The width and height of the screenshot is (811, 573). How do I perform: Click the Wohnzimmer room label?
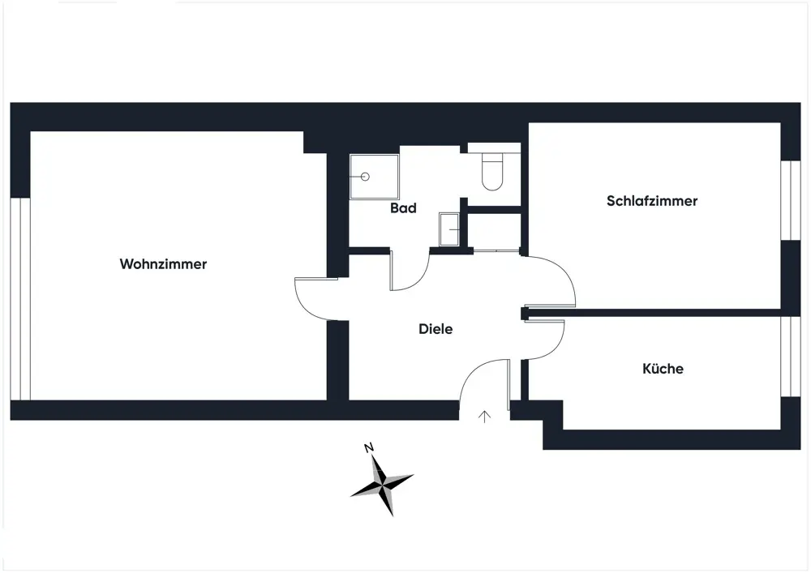(163, 264)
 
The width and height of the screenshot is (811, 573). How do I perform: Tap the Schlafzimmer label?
(651, 201)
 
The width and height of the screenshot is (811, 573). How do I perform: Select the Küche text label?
(663, 369)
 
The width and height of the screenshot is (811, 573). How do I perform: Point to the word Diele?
(436, 329)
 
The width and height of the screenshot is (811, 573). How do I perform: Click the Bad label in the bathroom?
(403, 208)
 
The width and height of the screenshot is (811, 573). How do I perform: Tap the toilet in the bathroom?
(491, 171)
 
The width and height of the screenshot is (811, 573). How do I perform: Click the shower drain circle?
(366, 176)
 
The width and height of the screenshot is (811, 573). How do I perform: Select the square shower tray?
(374, 177)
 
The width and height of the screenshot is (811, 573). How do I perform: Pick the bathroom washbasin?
(449, 229)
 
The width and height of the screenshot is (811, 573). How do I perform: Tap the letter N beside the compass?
(368, 447)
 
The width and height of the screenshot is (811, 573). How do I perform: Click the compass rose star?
(382, 483)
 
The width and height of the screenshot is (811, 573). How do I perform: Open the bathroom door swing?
(410, 272)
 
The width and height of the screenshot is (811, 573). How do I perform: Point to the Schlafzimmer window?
(790, 200)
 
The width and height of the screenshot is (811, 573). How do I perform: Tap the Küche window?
(790, 357)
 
